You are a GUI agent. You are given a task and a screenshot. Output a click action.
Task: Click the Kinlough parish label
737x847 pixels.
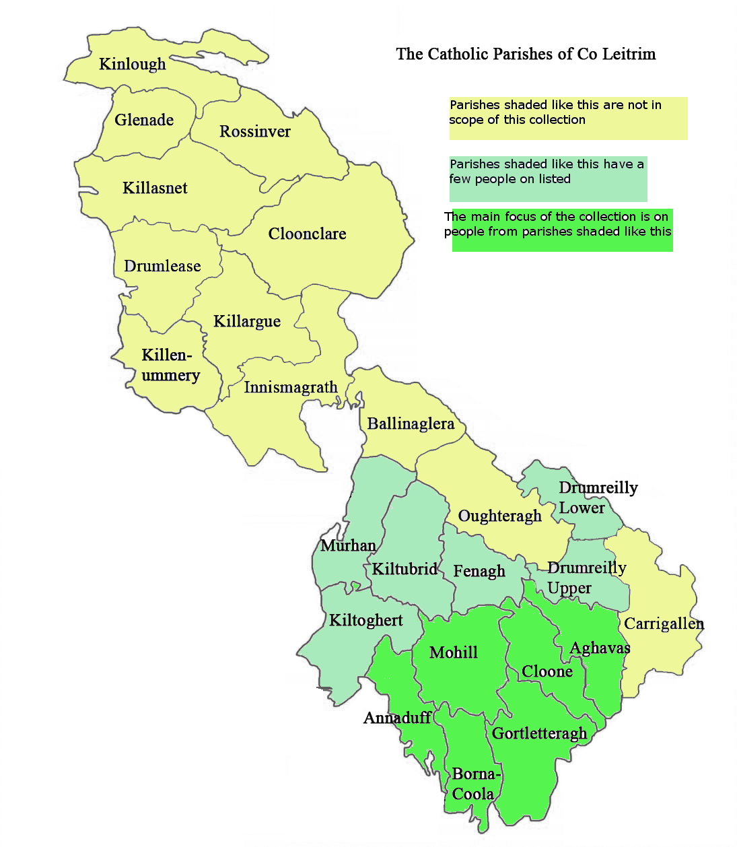(132, 64)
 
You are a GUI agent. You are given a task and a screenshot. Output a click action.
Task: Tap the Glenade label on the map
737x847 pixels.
(144, 120)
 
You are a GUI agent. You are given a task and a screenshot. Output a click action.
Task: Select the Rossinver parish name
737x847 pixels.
(255, 131)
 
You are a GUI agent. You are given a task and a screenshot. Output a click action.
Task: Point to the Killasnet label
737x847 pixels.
(155, 188)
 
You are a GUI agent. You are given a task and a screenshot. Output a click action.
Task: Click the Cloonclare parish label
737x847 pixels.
(307, 234)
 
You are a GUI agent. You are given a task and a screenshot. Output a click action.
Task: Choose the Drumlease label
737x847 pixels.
(162, 266)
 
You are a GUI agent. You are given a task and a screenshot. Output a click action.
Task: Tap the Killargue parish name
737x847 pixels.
(247, 321)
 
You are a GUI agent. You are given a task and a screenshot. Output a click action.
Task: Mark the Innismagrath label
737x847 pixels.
(290, 387)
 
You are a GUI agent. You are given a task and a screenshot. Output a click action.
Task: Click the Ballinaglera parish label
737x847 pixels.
(411, 423)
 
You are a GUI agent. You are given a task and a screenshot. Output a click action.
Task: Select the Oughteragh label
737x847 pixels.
(499, 516)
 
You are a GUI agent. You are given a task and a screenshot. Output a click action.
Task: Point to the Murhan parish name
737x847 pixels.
(348, 545)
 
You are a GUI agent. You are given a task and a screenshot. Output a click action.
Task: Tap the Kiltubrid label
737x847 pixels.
(405, 569)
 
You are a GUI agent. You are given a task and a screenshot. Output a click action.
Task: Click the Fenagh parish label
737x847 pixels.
(479, 571)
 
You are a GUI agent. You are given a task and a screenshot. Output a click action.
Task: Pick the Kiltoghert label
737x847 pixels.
(365, 620)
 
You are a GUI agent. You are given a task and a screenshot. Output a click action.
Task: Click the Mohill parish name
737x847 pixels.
(454, 652)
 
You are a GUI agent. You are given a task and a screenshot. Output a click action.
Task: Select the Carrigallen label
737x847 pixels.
(664, 623)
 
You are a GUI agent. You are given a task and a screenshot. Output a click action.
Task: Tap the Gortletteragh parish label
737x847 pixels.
(539, 733)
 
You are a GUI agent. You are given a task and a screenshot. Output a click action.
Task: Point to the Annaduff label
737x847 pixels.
(397, 718)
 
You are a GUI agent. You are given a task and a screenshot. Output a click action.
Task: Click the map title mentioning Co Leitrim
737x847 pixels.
(526, 54)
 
